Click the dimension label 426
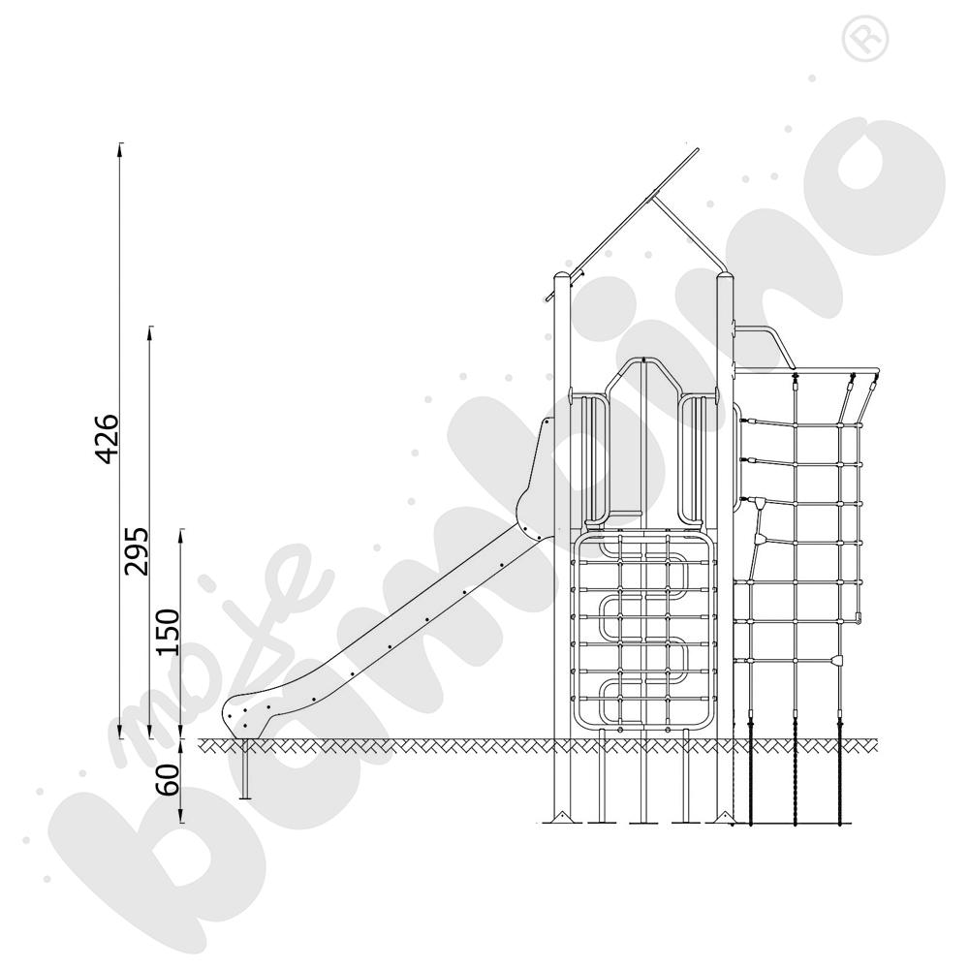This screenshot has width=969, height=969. point(108,439)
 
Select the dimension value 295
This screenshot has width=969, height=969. point(137,551)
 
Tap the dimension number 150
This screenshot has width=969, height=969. point(167,632)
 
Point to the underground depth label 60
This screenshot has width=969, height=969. point(167,779)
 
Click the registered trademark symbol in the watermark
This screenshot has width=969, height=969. point(865,40)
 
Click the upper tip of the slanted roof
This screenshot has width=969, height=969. point(697,149)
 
